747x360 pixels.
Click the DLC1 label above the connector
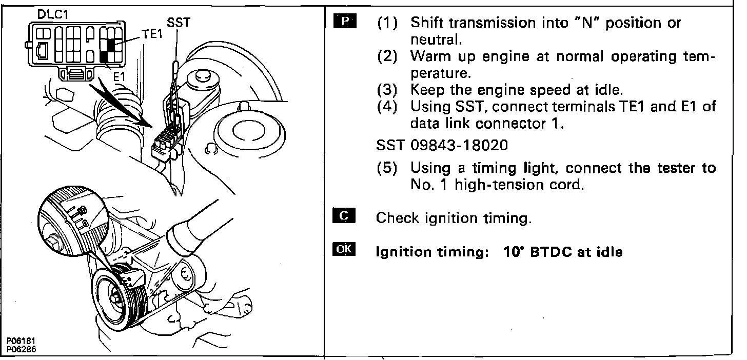pos(53,15)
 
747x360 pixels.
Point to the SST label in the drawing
pos(178,23)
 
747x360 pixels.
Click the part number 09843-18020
pos(459,145)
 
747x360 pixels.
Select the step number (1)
pos(387,24)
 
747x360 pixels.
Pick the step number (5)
pos(387,168)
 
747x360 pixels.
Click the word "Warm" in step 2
pos(433,56)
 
